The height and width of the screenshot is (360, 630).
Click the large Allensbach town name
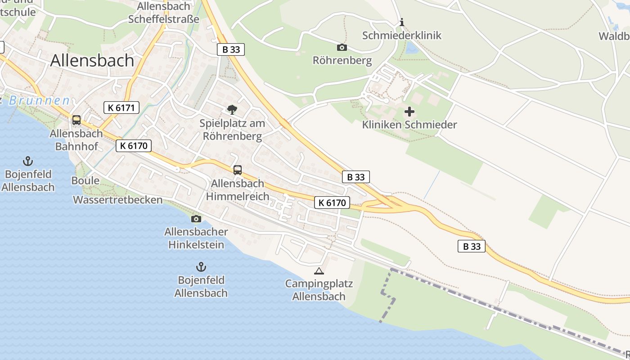tap(92, 60)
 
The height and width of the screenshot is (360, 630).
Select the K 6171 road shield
tap(121, 108)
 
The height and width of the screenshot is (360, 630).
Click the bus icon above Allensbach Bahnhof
tap(76, 120)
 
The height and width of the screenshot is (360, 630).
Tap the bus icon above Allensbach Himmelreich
tap(238, 170)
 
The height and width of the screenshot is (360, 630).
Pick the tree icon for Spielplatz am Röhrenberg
tap(232, 109)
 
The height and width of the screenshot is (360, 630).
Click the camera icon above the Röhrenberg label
tap(342, 47)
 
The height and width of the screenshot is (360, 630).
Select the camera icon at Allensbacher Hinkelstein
tap(196, 219)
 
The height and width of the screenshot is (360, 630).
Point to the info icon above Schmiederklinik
tap(402, 22)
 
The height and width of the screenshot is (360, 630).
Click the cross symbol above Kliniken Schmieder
tap(409, 111)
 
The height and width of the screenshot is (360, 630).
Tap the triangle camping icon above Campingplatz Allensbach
tap(319, 271)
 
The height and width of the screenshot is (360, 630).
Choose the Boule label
tap(85, 181)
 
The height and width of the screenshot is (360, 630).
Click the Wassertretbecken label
tap(118, 200)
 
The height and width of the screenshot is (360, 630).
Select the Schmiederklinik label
tap(402, 36)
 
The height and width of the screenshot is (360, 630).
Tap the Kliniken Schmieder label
tap(409, 125)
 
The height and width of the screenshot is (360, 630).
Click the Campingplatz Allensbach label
tap(319, 290)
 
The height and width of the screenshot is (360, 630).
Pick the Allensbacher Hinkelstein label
tap(196, 238)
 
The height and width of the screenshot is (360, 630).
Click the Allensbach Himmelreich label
tap(238, 190)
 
